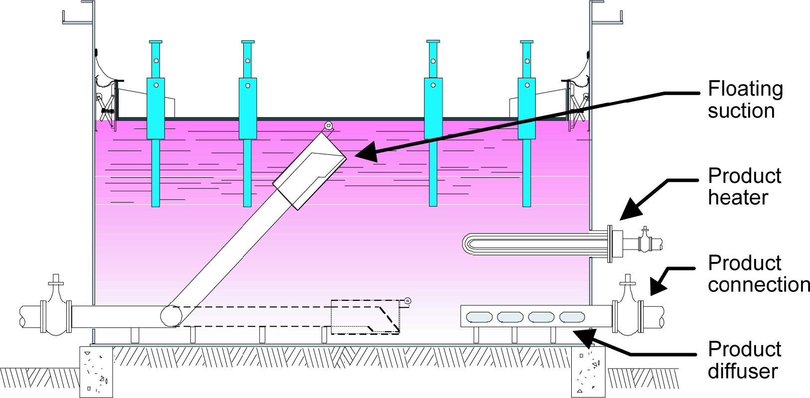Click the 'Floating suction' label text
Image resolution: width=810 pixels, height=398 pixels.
745,100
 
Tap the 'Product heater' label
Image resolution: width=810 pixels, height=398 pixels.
744,187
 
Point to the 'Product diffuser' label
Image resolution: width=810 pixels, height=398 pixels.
744,360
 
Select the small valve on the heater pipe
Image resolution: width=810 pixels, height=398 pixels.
645,241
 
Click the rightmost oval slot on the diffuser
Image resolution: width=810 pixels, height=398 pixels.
572,317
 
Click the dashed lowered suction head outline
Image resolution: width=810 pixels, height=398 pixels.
366,317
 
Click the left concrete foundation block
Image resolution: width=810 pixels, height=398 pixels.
96,372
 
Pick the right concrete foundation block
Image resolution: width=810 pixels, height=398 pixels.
588,372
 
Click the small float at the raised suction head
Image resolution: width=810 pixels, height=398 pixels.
328,126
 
